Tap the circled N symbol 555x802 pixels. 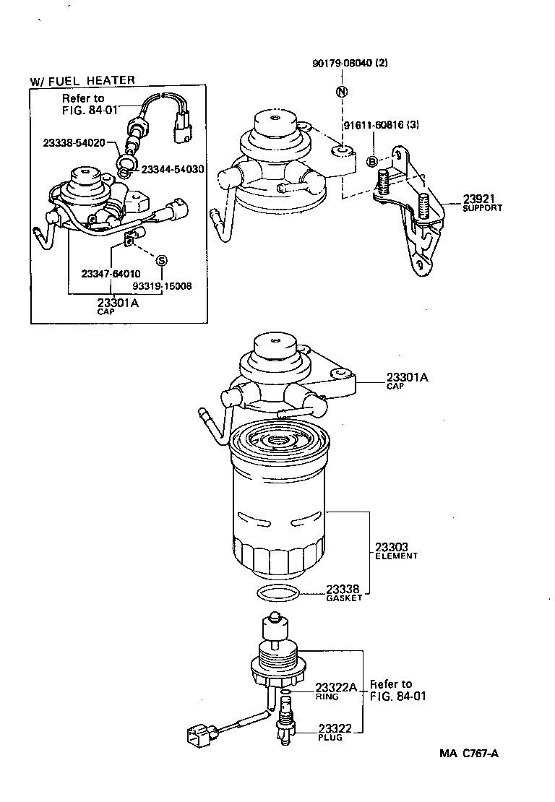[x=341, y=92]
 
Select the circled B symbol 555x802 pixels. [x=372, y=161]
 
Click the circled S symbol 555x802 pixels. [x=161, y=260]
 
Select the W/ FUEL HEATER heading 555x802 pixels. [x=82, y=80]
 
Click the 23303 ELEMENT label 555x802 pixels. [x=396, y=550]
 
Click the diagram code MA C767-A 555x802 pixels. [x=470, y=754]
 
